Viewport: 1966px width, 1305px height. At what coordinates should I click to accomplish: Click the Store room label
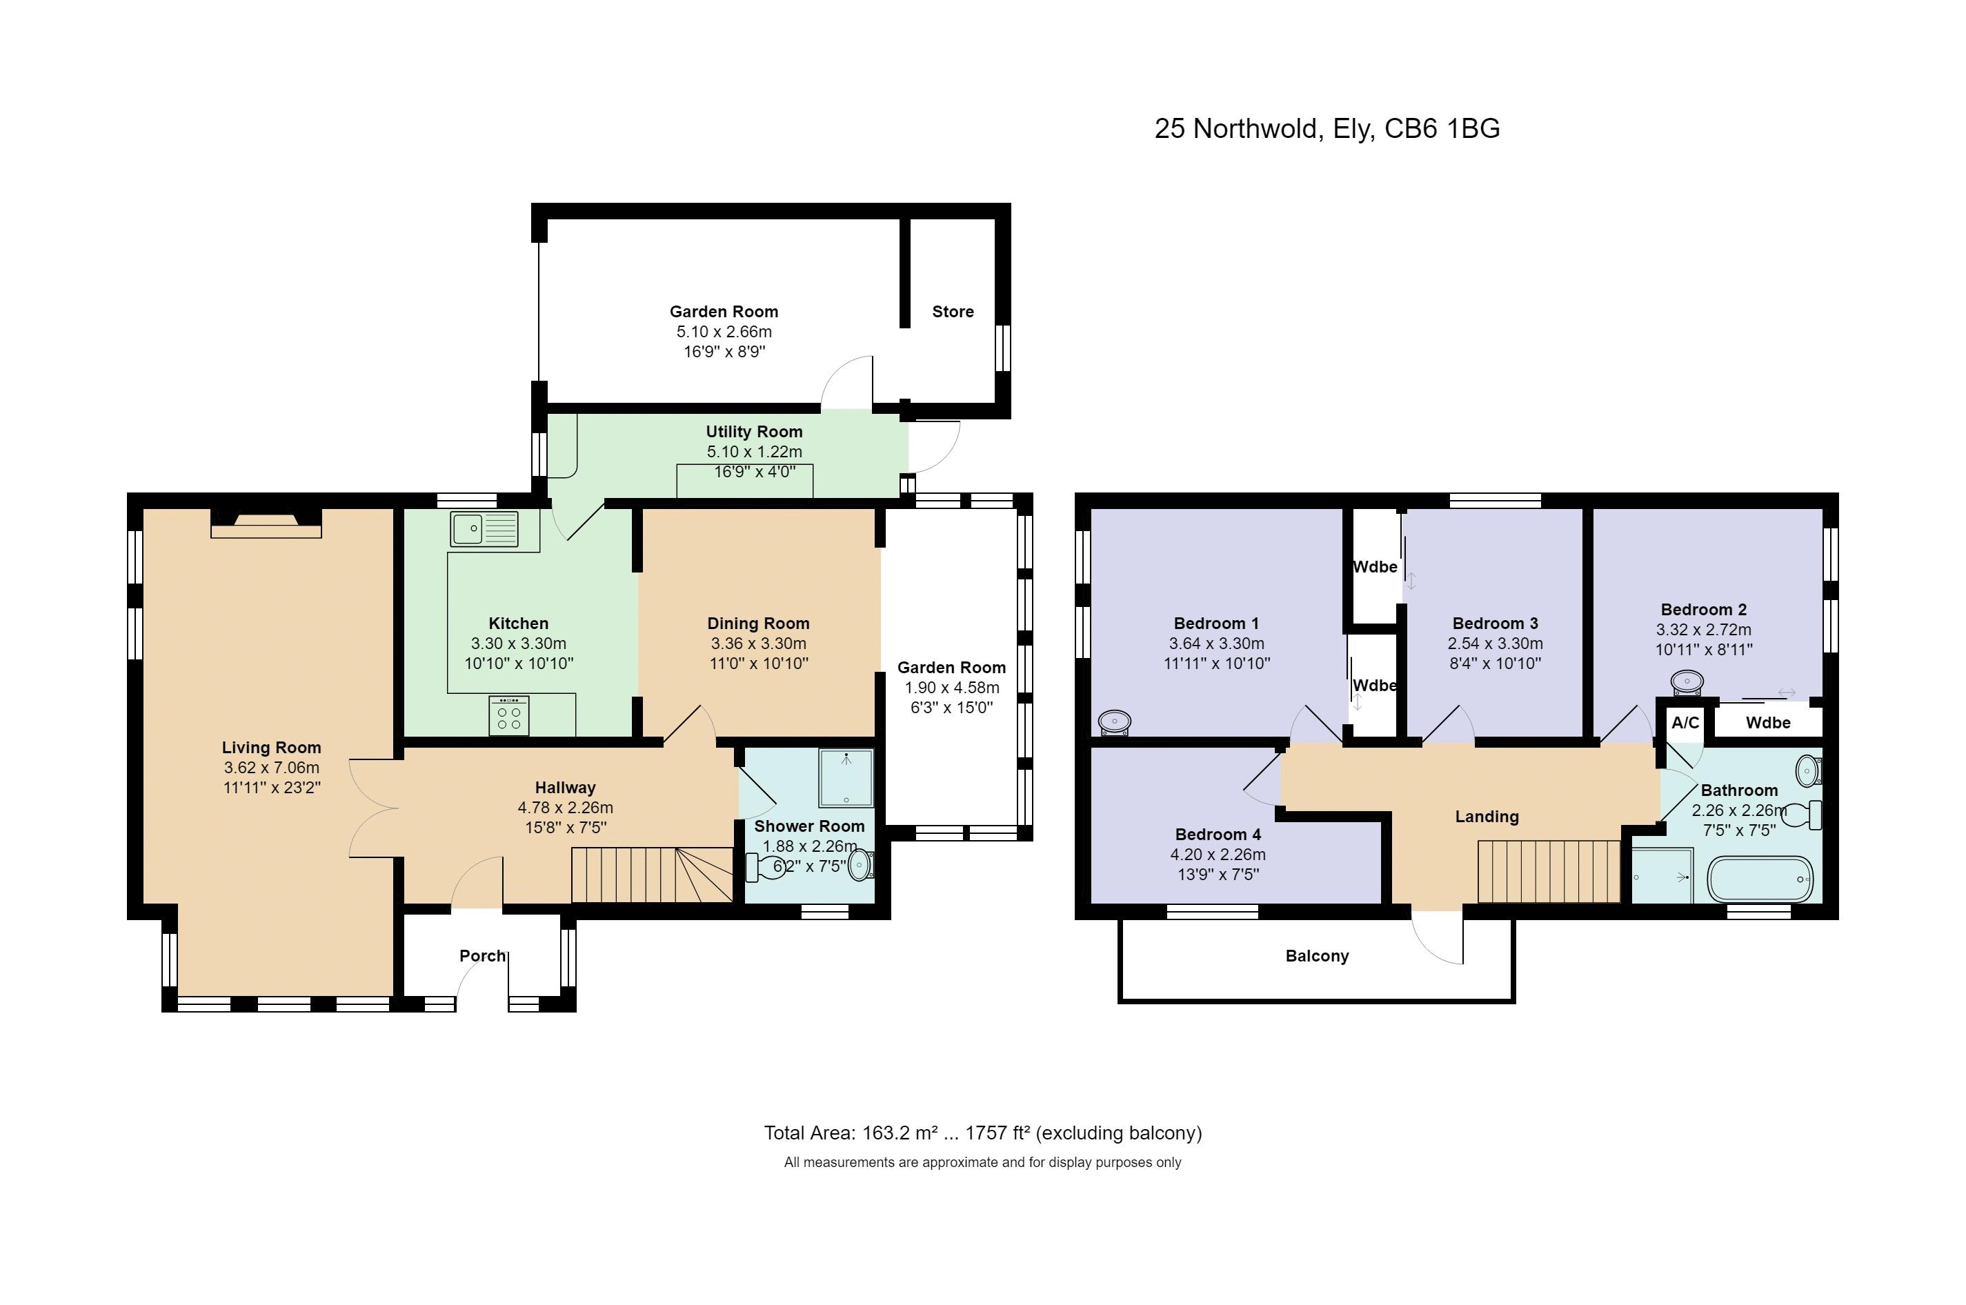952,311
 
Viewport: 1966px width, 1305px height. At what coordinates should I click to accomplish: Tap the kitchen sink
484,528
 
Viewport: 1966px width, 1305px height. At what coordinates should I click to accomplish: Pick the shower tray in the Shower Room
846,778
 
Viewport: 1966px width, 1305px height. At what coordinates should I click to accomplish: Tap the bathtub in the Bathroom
1760,879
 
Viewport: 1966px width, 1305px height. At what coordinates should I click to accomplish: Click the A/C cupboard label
1685,722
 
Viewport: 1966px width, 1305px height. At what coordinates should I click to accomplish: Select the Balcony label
1317,955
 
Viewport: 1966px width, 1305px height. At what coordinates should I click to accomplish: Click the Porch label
483,955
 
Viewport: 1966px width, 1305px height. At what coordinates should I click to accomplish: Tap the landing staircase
1548,871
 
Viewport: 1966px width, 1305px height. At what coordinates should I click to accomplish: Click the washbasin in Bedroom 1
1115,721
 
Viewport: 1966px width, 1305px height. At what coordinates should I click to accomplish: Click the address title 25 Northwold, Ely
1327,128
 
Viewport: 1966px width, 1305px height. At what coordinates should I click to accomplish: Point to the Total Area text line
983,1133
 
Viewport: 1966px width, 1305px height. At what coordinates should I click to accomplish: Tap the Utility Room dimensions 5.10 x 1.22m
754,452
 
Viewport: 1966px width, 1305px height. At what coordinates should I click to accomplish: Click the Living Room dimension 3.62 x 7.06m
271,768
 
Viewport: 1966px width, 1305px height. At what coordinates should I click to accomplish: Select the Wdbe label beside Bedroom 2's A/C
1768,722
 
